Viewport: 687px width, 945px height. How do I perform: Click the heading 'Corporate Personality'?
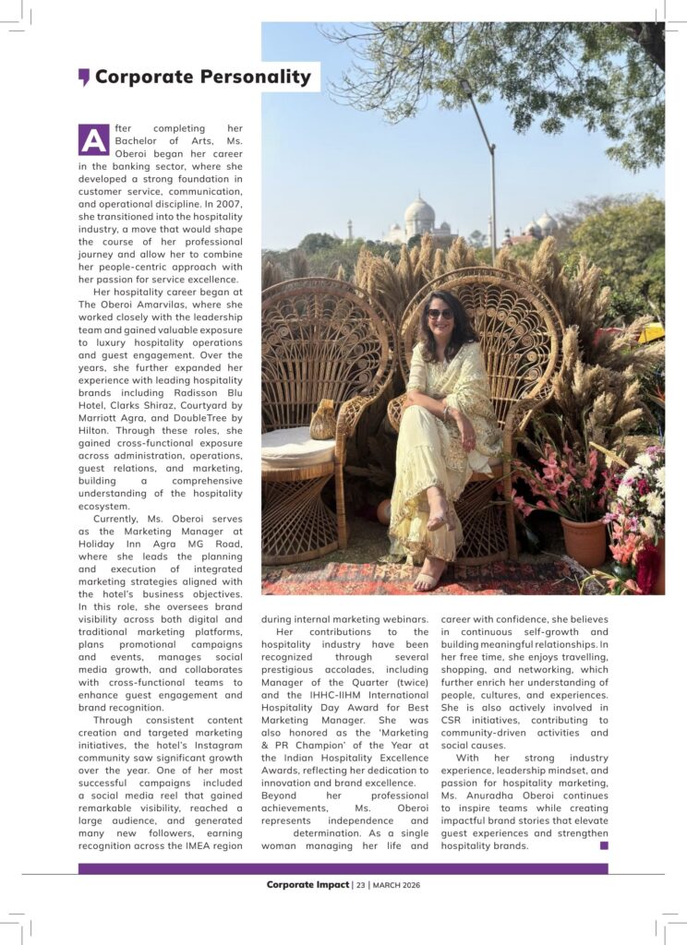pyautogui.click(x=202, y=77)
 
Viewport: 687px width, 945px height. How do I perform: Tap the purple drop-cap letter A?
pyautogui.click(x=93, y=139)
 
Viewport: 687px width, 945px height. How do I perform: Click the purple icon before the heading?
pyautogui.click(x=84, y=77)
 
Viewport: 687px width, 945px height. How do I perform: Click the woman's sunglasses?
pyautogui.click(x=440, y=314)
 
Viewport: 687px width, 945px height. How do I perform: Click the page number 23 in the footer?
pyautogui.click(x=361, y=884)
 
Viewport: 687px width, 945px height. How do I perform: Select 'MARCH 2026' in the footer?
pyautogui.click(x=396, y=884)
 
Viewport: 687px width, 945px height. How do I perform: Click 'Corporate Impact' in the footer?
pyautogui.click(x=307, y=884)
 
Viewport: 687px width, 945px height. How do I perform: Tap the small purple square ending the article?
pyautogui.click(x=604, y=844)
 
